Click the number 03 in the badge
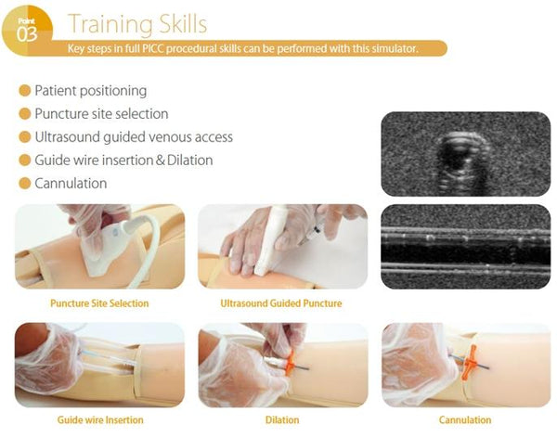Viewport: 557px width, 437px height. pos(27,34)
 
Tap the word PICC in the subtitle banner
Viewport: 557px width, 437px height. pos(153,48)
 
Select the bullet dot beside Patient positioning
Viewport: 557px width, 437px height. pos(24,91)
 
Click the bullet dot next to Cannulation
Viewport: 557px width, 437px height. pos(24,183)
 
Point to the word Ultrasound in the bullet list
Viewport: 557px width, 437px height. pos(68,137)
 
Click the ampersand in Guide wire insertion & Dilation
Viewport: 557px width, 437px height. pos(161,161)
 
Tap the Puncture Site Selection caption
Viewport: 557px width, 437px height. pos(99,303)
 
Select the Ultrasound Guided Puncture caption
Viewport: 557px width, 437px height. pos(281,303)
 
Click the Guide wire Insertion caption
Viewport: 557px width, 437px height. pos(100,420)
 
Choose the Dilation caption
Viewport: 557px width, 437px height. pos(282,420)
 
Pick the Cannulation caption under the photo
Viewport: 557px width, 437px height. pos(465,420)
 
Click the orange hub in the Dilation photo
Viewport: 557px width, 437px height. pos(291,362)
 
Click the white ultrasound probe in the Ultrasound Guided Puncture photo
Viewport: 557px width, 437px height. pos(272,238)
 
